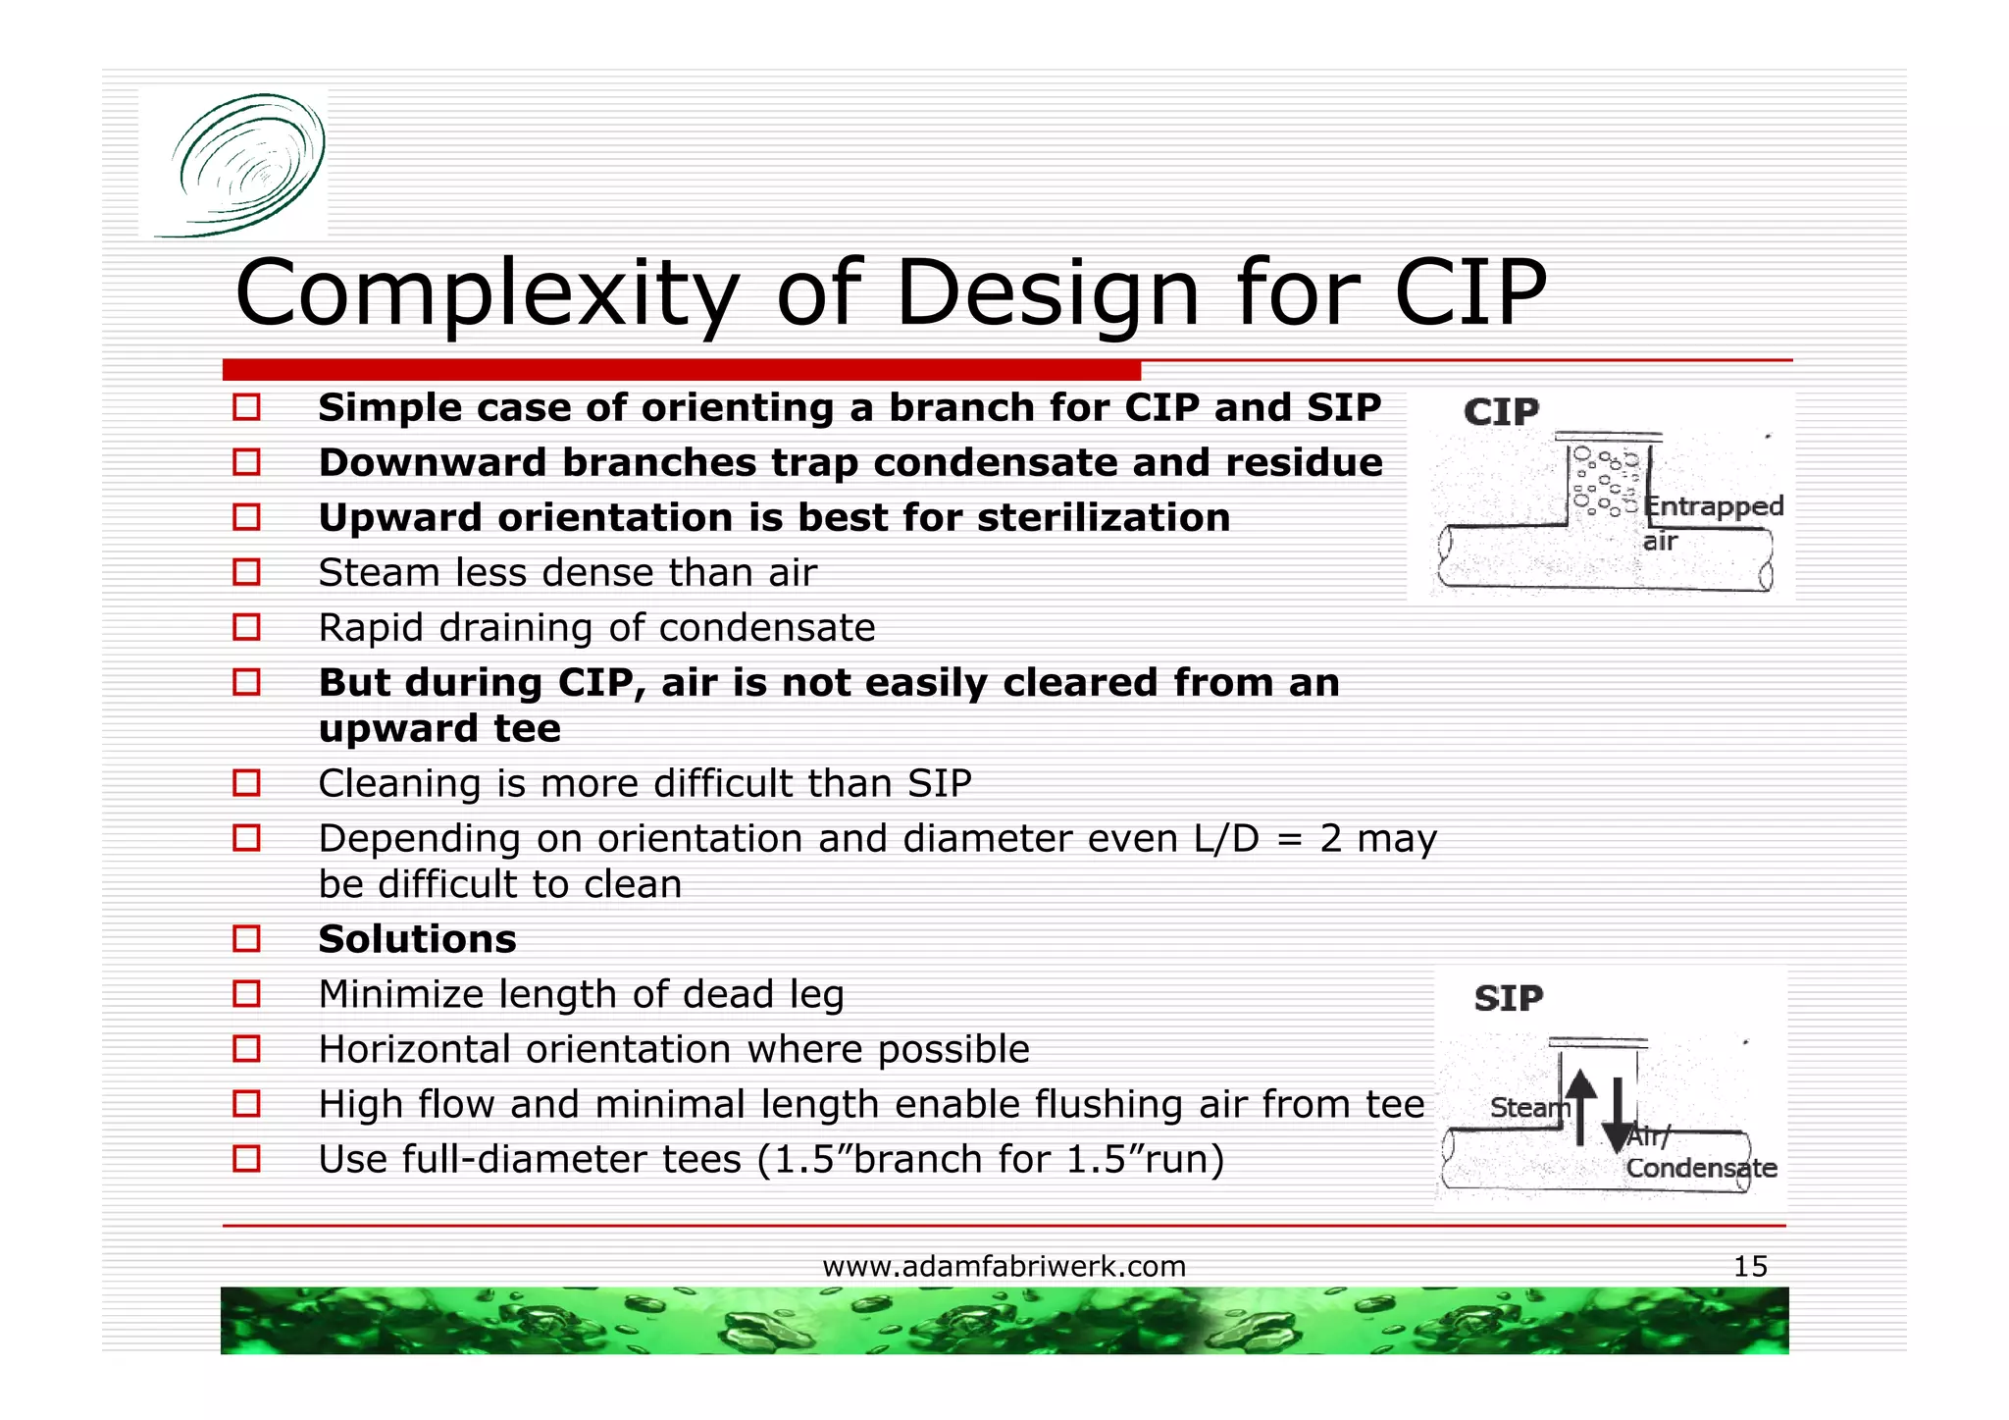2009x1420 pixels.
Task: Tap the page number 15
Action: [x=1750, y=1266]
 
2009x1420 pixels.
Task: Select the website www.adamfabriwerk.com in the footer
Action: [x=1004, y=1266]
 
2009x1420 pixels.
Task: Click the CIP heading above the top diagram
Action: [x=1501, y=412]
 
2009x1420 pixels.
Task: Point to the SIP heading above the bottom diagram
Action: [x=1508, y=998]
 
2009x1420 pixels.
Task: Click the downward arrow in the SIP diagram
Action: [x=1617, y=1114]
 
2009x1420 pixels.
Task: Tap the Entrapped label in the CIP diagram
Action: [x=1713, y=506]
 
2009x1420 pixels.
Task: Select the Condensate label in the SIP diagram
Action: [x=1701, y=1168]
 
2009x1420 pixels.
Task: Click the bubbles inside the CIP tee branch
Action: [x=1605, y=481]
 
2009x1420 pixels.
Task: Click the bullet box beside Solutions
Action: [x=246, y=939]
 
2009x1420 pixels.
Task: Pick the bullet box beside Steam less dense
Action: [x=246, y=572]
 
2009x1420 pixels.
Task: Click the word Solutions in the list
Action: [x=417, y=939]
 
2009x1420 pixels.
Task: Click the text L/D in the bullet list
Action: [x=1225, y=838]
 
